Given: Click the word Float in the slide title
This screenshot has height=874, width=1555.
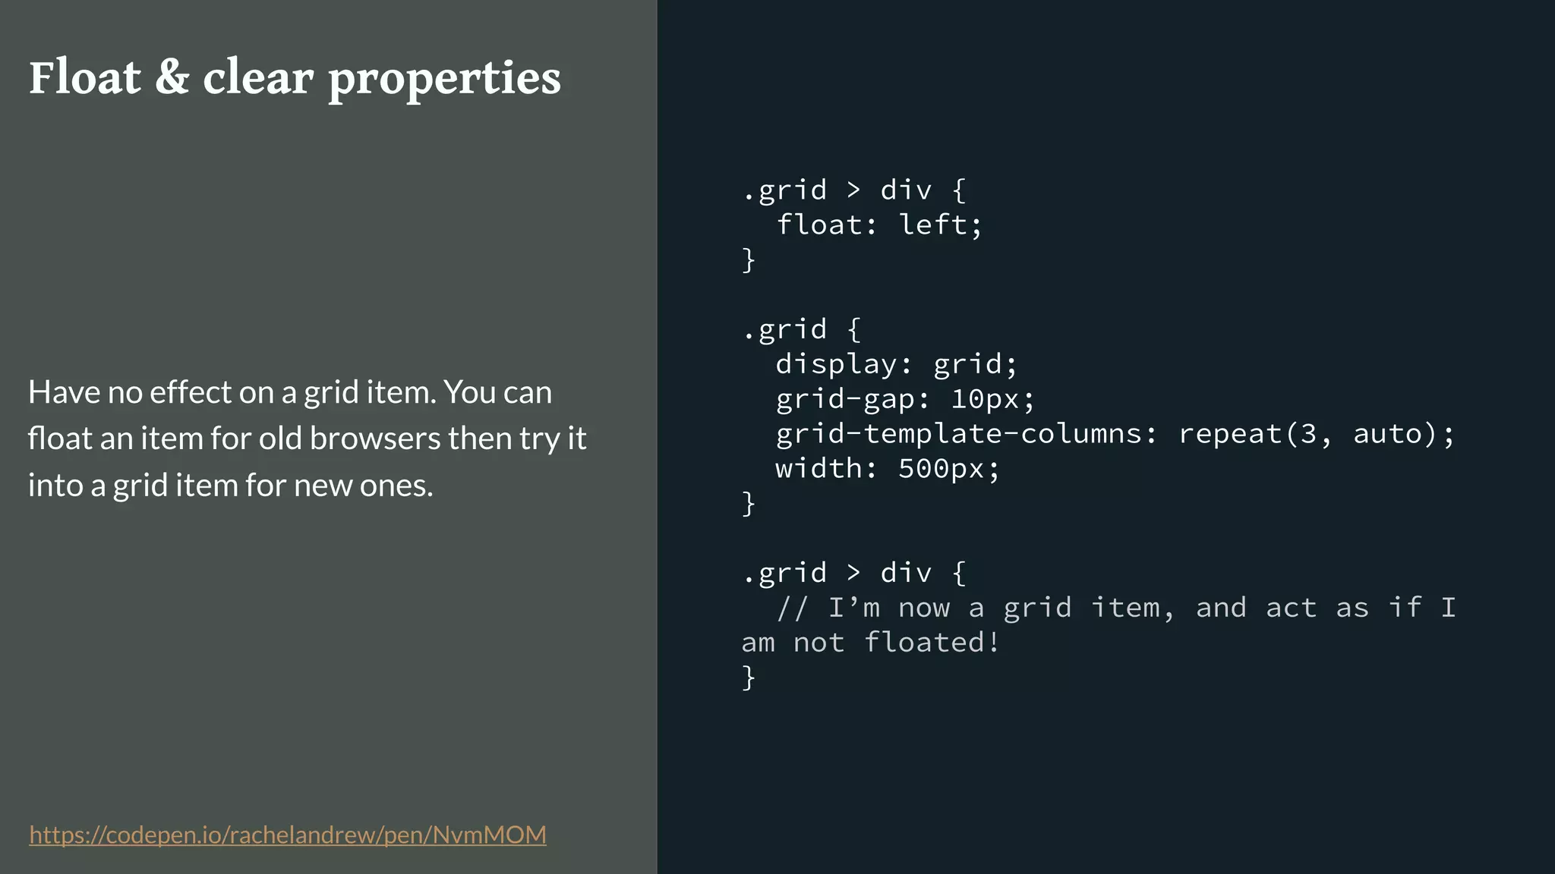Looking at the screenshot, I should [85, 78].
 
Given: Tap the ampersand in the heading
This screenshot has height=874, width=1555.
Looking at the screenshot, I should [172, 78].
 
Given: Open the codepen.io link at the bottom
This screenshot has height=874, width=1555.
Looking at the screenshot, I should [288, 835].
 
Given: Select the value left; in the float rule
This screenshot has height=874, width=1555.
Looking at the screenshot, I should [940, 225].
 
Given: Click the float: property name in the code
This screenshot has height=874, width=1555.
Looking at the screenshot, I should [826, 225].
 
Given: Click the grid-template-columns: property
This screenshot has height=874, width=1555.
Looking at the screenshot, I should [966, 434].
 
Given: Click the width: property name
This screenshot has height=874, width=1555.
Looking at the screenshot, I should [826, 469].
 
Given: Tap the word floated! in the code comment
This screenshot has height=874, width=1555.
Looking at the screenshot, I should [932, 643].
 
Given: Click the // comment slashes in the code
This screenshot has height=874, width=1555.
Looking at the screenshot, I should [792, 608].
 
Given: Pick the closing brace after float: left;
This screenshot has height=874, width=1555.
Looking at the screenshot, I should [749, 259].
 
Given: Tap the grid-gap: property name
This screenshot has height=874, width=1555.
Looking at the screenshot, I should [852, 399].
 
